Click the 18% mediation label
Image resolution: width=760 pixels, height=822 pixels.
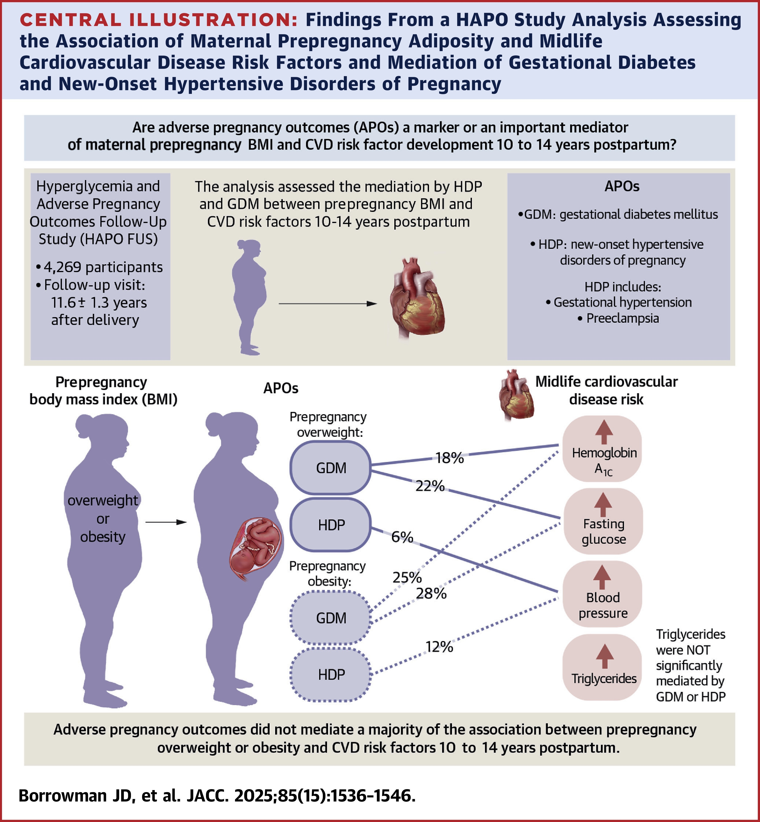click(449, 458)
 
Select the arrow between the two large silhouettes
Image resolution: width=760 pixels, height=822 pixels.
click(166, 522)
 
